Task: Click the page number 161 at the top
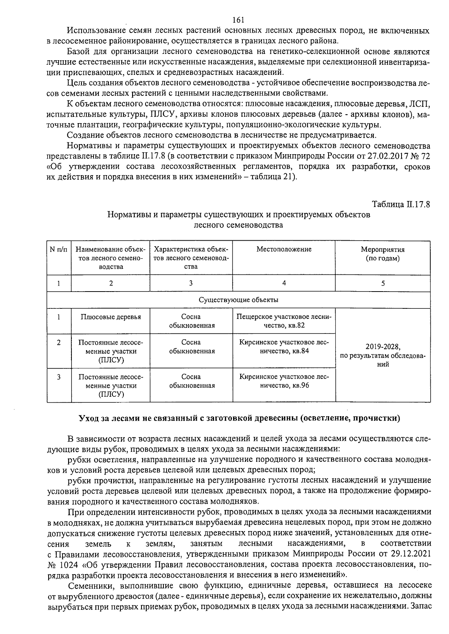[x=238, y=20]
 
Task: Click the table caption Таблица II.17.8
[x=400, y=205]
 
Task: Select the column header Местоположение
[x=284, y=249]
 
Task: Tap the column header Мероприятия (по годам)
[x=382, y=254]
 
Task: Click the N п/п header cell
[x=59, y=249]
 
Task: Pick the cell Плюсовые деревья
[x=111, y=317]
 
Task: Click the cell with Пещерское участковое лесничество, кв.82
[x=284, y=321]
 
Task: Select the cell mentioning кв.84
[x=284, y=347]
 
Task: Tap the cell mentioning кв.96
[x=284, y=381]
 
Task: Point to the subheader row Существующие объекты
[x=238, y=300]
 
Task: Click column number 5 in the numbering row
[x=382, y=283]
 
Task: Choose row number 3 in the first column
[x=59, y=377]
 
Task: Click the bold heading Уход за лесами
[x=239, y=418]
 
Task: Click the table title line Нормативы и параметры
[x=238, y=215]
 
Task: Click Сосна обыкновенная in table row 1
[x=191, y=321]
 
